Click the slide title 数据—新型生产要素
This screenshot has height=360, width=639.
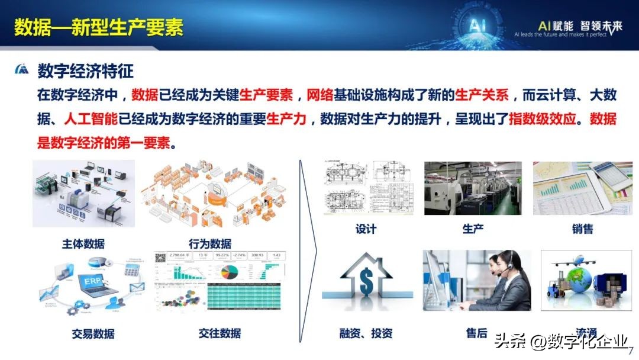click(99, 27)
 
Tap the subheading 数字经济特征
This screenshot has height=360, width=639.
click(86, 71)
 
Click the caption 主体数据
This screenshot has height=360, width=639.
click(83, 243)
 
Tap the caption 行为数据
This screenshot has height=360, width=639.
click(210, 243)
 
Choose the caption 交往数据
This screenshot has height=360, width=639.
click(220, 333)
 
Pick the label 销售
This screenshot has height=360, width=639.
click(583, 229)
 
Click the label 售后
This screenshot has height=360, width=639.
click(476, 333)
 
